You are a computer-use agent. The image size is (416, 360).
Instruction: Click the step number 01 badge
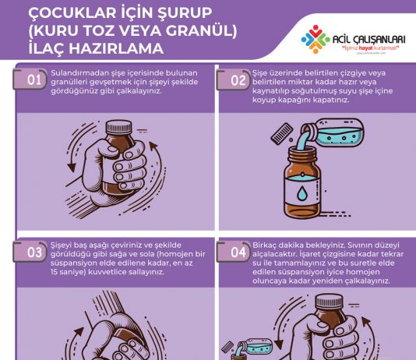[33, 79]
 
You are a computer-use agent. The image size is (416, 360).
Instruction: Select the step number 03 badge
[33, 252]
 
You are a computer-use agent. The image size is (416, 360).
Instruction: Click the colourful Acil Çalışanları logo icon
[318, 38]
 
